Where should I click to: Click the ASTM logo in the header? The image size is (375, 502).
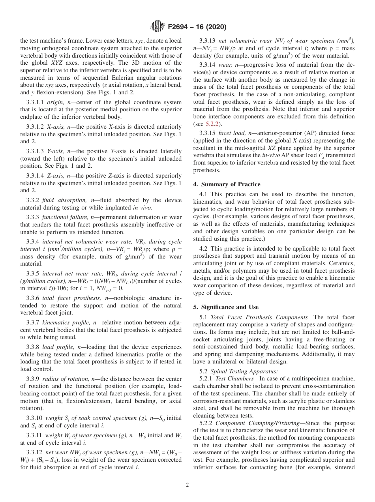[x=157, y=27]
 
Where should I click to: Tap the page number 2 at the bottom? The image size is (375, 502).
[x=187, y=485]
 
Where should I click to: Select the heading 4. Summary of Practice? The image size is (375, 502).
[x=227, y=184]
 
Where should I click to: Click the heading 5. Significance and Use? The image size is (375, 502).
[x=226, y=307]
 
